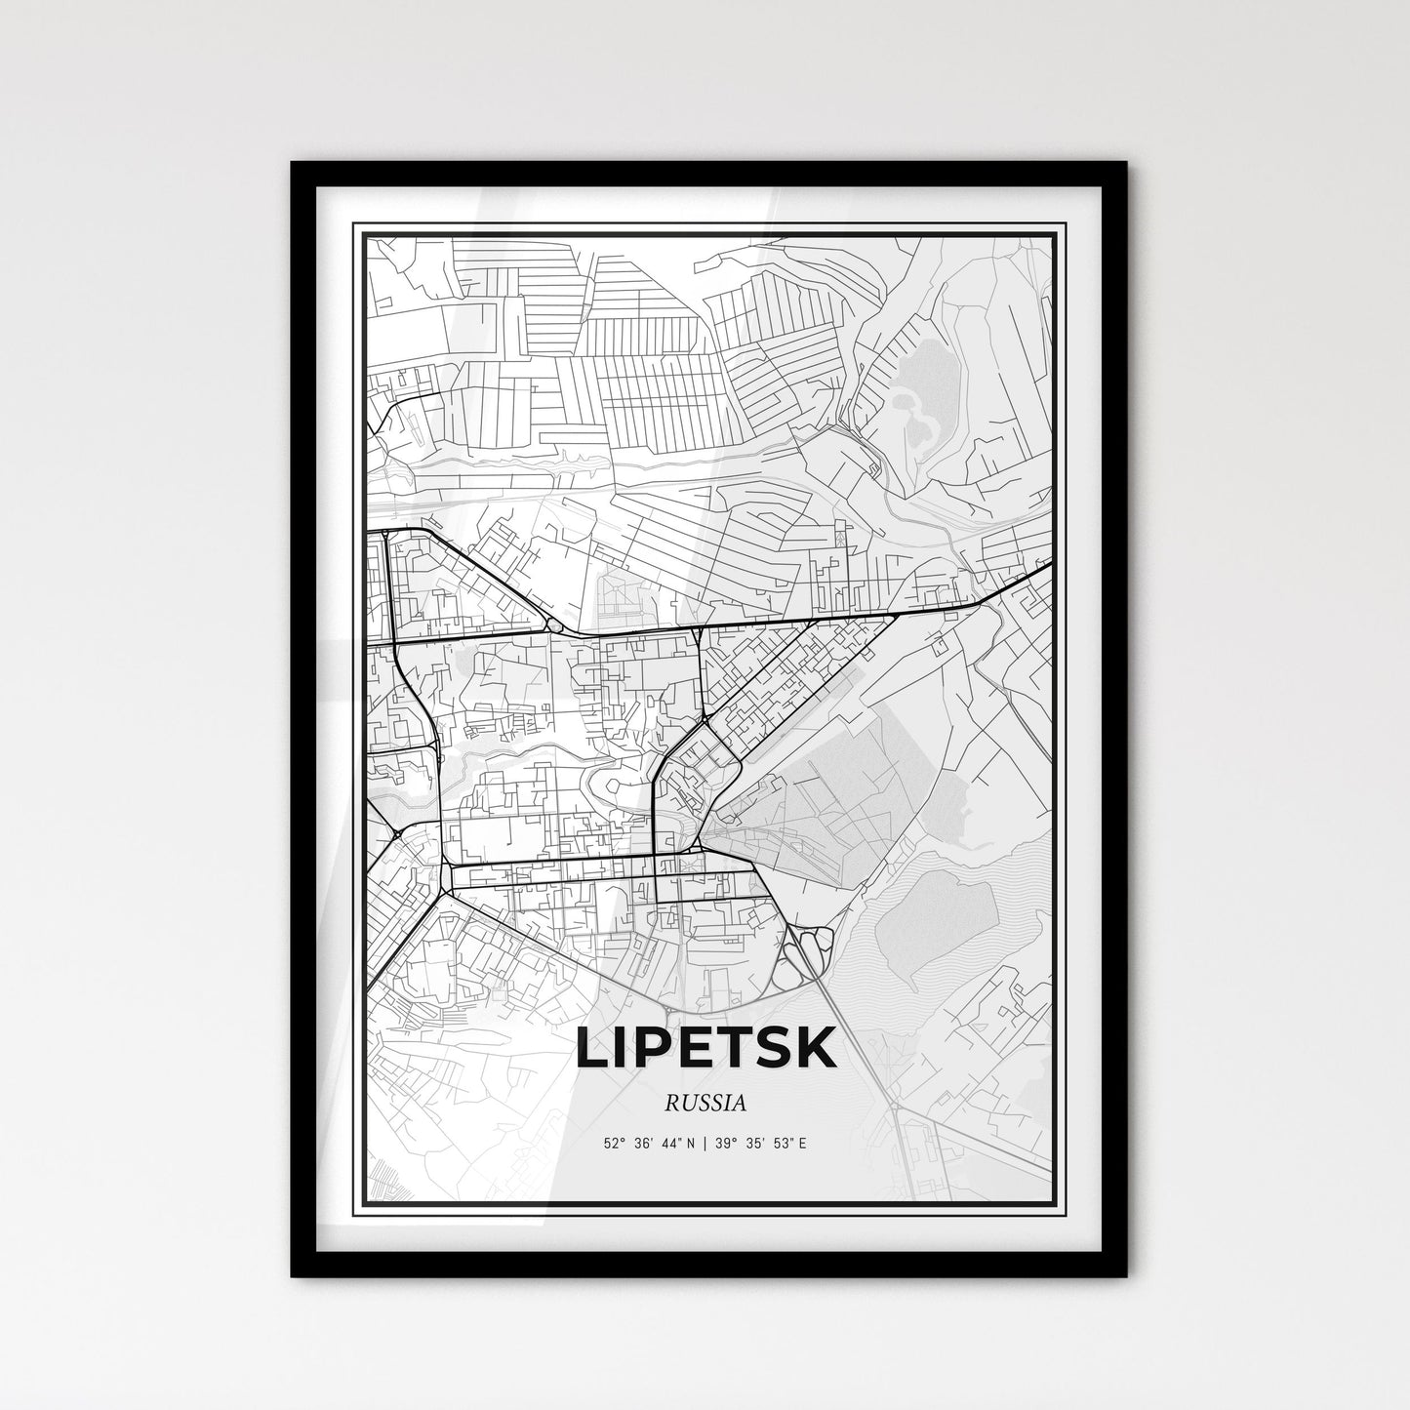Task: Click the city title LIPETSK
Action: [x=705, y=1047]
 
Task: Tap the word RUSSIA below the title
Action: [x=705, y=1104]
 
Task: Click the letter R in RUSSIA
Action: [x=670, y=1104]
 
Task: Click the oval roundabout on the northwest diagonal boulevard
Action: [x=553, y=622]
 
